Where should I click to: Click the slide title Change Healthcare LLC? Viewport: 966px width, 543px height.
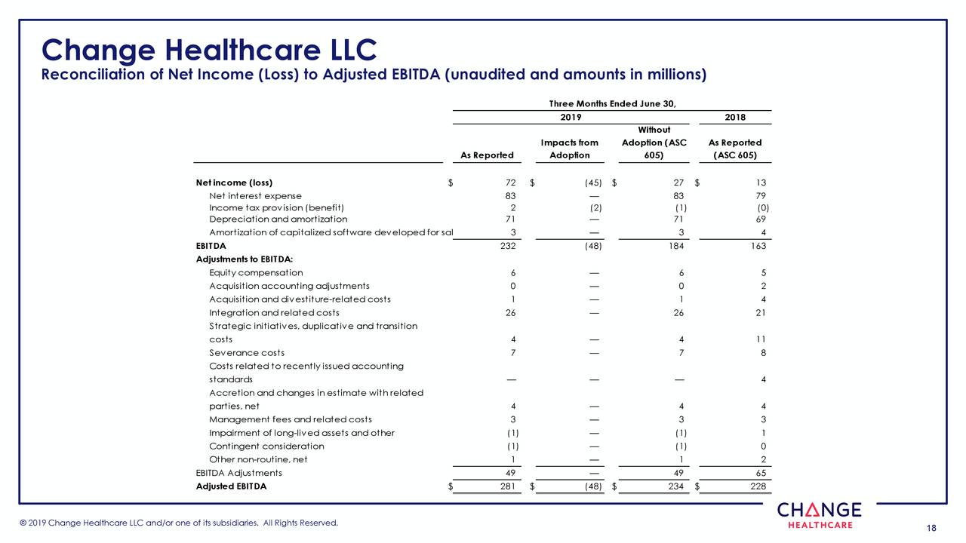(x=209, y=50)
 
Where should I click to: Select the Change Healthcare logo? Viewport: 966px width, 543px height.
(x=819, y=515)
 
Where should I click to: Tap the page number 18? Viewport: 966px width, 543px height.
(x=930, y=527)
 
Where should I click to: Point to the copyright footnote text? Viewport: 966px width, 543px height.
(x=179, y=523)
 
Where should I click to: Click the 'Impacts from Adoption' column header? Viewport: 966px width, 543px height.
(x=569, y=149)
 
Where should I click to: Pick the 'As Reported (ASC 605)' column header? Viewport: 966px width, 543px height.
(x=735, y=149)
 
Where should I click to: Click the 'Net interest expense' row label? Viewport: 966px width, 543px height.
(x=255, y=196)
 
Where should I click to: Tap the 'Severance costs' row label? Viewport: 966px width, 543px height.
(x=247, y=352)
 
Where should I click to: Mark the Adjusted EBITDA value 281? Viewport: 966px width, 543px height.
(x=507, y=486)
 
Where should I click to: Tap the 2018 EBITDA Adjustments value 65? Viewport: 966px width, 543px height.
(x=761, y=473)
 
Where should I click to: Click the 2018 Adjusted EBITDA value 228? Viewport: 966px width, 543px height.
(x=758, y=486)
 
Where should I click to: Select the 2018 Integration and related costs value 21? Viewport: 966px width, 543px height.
(x=761, y=312)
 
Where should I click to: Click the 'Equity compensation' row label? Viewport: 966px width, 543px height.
(x=256, y=272)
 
